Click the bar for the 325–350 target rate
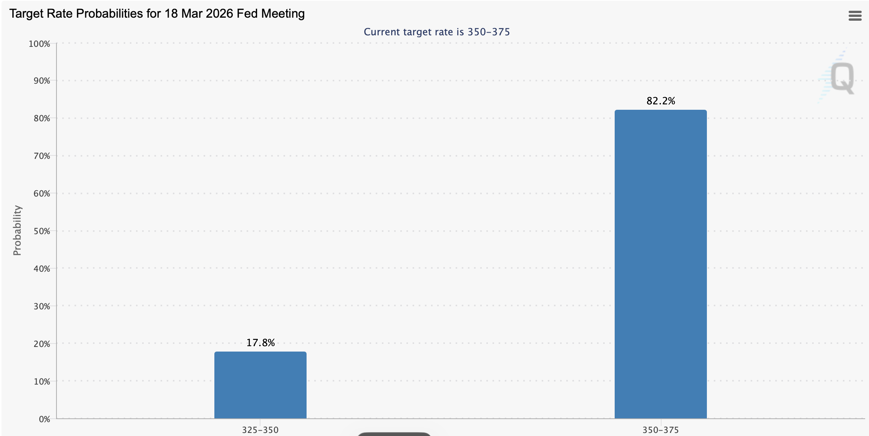pos(260,385)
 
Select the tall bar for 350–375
pos(660,264)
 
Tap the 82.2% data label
pos(660,101)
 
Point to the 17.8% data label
pos(260,343)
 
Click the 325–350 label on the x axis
pos(260,430)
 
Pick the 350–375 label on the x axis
pos(660,430)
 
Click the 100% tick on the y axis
pos(39,44)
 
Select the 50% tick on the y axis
pos(41,231)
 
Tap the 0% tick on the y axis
pos(44,419)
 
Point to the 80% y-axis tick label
pos(41,118)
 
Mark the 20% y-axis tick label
pos(41,344)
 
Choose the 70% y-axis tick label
pos(41,156)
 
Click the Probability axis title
pos(17,230)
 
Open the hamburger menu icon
pos(855,16)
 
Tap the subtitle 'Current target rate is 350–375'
pos(436,32)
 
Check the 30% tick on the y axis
pos(41,306)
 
